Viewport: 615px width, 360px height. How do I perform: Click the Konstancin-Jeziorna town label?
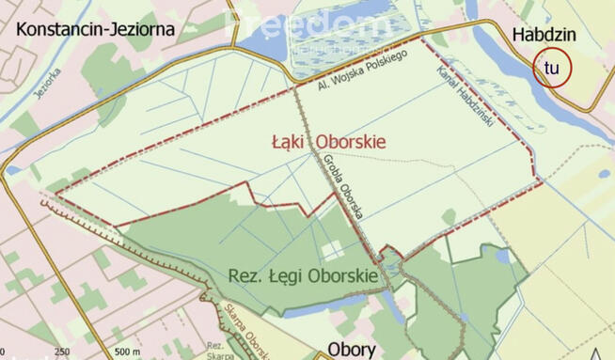click(x=96, y=28)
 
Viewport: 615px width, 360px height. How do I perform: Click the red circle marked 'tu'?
click(x=552, y=68)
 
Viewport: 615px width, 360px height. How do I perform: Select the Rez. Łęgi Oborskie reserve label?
click(x=303, y=276)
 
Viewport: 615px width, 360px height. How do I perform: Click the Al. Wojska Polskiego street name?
click(x=361, y=70)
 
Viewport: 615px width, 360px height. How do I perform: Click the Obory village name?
click(x=352, y=349)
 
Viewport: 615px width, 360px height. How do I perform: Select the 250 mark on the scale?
click(x=62, y=352)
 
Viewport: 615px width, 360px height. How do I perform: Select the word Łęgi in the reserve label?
click(x=283, y=276)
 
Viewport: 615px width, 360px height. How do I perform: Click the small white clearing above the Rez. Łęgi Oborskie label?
click(x=331, y=250)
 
